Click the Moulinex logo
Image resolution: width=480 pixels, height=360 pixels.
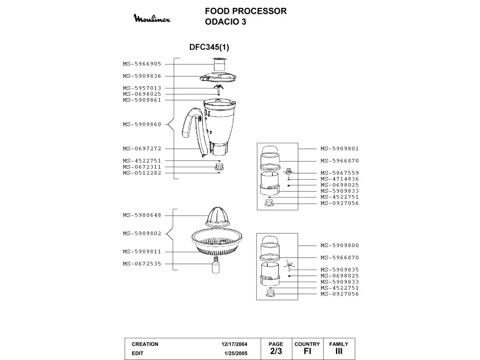click(x=155, y=19)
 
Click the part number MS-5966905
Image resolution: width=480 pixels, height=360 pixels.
click(x=142, y=64)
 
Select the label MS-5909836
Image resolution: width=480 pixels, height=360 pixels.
click(x=142, y=76)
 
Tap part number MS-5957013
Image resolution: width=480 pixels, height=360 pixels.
click(x=142, y=88)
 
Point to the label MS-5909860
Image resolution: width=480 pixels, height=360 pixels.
click(x=142, y=124)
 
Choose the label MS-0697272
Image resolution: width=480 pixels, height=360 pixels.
click(x=142, y=149)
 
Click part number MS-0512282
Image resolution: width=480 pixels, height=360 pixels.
click(x=142, y=173)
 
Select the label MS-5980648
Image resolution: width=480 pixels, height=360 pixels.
click(x=142, y=215)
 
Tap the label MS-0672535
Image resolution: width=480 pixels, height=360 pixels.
click(x=142, y=263)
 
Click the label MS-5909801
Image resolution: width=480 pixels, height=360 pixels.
click(x=339, y=149)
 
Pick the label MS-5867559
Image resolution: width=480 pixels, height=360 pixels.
click(x=339, y=173)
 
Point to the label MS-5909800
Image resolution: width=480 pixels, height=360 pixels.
click(x=339, y=245)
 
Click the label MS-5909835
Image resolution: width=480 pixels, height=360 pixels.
click(x=339, y=269)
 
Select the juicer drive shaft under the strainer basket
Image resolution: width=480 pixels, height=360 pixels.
click(x=216, y=265)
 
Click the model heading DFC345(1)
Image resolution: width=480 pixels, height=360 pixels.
click(x=209, y=48)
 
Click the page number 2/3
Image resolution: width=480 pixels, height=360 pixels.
click(x=275, y=351)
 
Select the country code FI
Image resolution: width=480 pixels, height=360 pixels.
click(x=307, y=351)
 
